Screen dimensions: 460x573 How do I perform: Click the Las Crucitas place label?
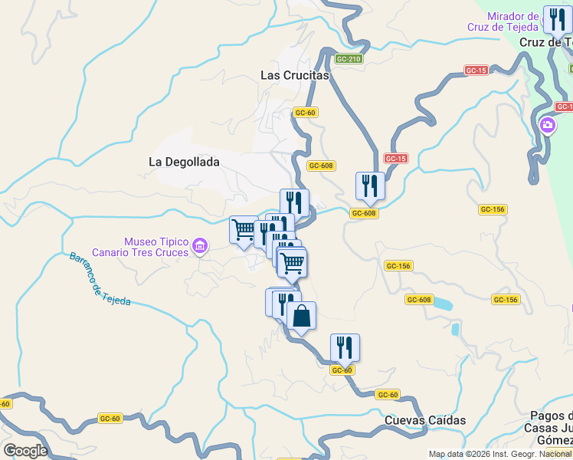pyautogui.click(x=294, y=75)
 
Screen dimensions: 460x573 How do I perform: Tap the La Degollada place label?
pyautogui.click(x=184, y=162)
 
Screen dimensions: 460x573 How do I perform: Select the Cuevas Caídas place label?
pyautogui.click(x=425, y=420)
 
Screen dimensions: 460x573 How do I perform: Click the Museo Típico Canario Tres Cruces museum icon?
pyautogui.click(x=200, y=246)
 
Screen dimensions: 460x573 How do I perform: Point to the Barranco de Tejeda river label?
pyautogui.click(x=99, y=279)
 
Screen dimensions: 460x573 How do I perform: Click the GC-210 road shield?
pyautogui.click(x=348, y=59)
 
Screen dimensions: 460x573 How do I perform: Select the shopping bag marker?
pyautogui.click(x=302, y=315)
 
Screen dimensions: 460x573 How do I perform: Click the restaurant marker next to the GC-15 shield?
pyautogui.click(x=370, y=186)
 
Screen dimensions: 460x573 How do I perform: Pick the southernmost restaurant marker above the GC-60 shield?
pyautogui.click(x=345, y=347)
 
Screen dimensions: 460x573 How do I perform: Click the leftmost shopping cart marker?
pyautogui.click(x=244, y=229)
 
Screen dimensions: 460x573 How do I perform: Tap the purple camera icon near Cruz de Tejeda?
pyautogui.click(x=548, y=125)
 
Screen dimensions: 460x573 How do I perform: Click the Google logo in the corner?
pyautogui.click(x=25, y=451)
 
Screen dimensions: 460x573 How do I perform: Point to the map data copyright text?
pyautogui.click(x=499, y=454)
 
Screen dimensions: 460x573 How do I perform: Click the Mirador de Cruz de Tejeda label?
pyautogui.click(x=502, y=21)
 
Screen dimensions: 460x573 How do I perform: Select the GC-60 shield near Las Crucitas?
pyautogui.click(x=305, y=112)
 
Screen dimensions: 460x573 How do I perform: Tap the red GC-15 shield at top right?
pyautogui.click(x=476, y=71)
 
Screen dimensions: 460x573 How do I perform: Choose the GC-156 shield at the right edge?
pyautogui.click(x=506, y=300)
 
